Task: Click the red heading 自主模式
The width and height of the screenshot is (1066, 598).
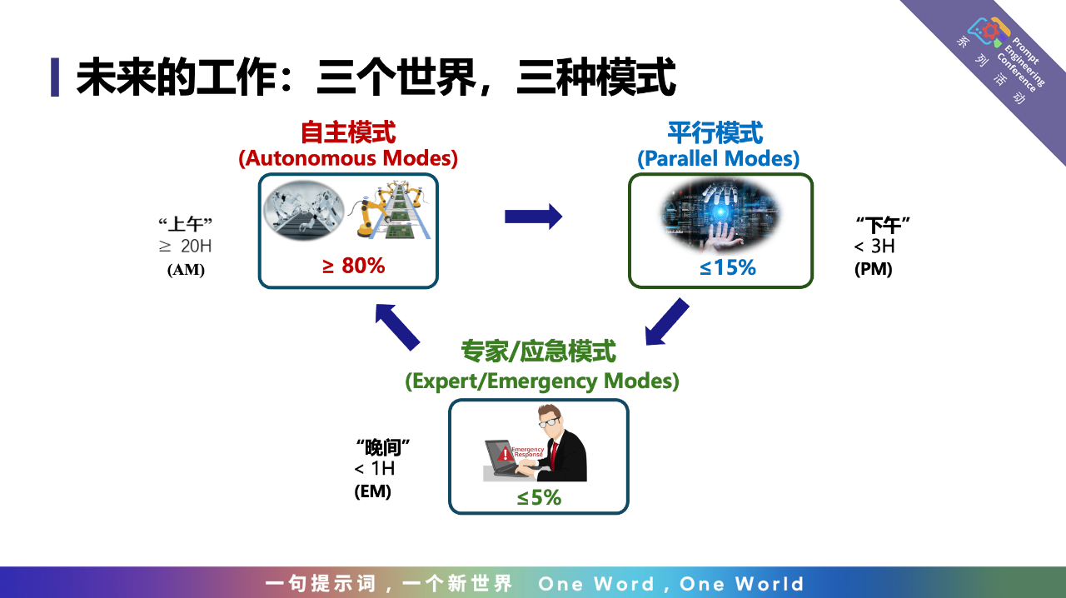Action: [348, 132]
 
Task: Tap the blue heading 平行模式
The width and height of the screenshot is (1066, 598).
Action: [715, 132]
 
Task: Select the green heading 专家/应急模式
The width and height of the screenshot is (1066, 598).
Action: [538, 351]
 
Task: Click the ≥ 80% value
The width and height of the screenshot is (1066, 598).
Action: [354, 266]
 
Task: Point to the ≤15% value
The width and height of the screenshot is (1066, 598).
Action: [728, 267]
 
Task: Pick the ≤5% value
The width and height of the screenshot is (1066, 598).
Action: [539, 497]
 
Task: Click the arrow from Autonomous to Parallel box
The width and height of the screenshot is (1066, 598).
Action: [534, 217]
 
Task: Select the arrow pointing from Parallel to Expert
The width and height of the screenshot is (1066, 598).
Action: [667, 321]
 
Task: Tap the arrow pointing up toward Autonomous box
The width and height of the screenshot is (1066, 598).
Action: [397, 327]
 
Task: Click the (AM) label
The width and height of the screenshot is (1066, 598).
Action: [186, 270]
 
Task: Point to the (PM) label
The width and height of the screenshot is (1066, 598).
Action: [874, 269]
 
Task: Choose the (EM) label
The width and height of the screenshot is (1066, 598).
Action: [372, 491]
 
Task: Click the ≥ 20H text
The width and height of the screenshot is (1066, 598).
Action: [185, 247]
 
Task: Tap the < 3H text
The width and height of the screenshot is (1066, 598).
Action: [874, 247]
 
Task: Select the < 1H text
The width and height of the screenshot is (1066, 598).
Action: [375, 469]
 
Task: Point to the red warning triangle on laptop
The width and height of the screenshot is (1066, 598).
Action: [505, 453]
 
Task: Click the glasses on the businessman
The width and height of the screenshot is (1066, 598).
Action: [549, 422]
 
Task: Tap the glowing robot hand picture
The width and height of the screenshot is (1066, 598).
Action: [720, 215]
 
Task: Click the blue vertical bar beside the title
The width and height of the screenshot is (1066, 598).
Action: [55, 77]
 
